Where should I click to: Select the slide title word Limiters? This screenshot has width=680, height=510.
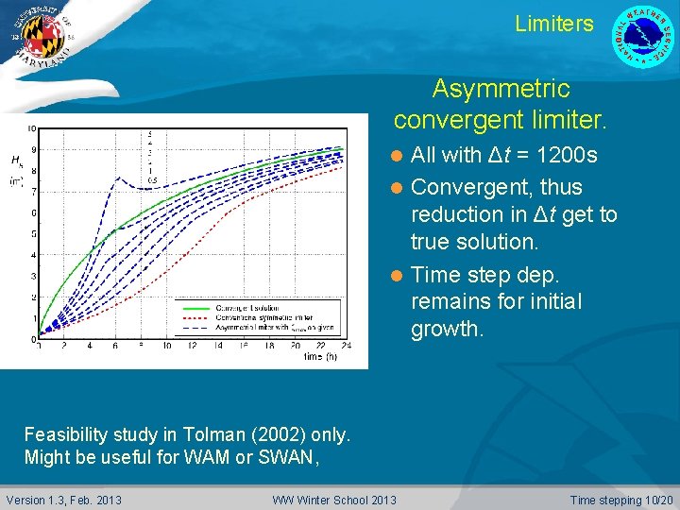tap(554, 24)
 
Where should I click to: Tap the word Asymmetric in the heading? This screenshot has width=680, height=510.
tap(501, 89)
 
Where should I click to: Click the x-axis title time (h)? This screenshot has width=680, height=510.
tap(320, 357)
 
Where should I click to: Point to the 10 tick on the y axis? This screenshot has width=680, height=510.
tap(31, 128)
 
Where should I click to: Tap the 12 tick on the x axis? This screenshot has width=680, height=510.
tap(193, 347)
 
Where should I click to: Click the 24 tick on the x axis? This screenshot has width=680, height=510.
tap(346, 347)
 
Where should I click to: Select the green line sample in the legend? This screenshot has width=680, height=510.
tap(195, 308)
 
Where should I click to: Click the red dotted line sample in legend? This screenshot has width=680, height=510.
tap(195, 318)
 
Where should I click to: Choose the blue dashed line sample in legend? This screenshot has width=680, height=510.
tap(195, 329)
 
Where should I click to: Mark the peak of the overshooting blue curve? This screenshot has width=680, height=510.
tap(141, 176)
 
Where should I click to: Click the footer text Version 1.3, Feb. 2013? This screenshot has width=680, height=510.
tap(63, 500)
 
